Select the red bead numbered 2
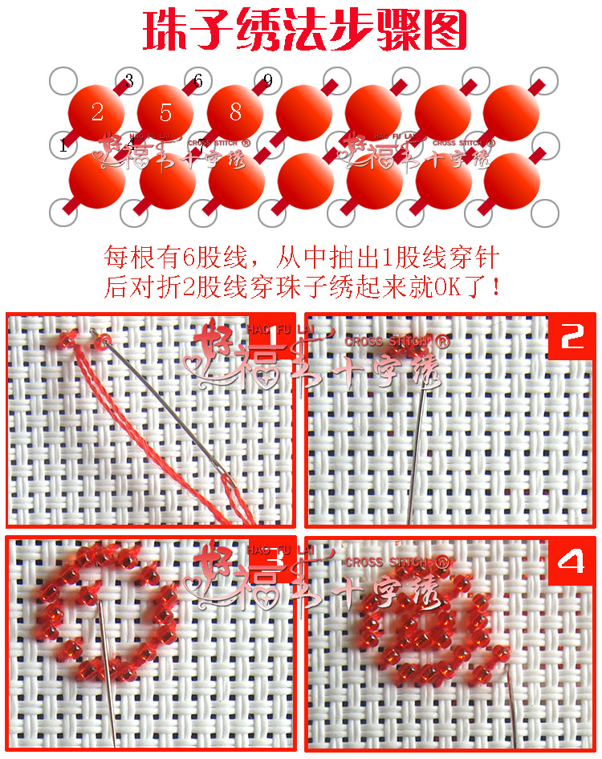96,112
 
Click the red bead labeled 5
165,112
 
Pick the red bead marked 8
235,112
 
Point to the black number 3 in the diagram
129,81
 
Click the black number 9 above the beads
267,81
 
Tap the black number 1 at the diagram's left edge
63,146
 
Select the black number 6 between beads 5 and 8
197,81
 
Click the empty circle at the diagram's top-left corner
61,80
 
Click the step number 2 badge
572,338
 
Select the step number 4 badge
572,561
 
